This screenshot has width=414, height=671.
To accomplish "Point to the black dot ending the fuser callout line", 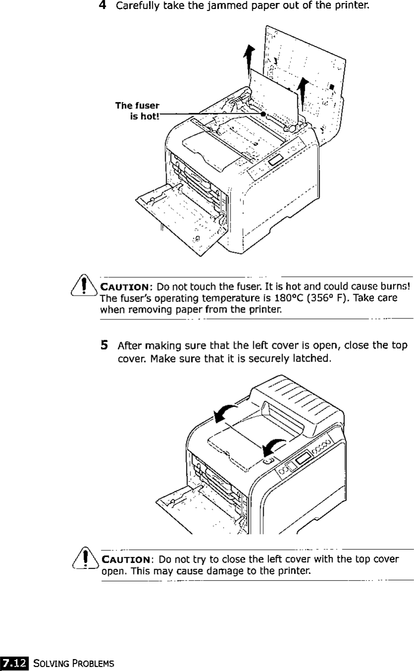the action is (x=263, y=114).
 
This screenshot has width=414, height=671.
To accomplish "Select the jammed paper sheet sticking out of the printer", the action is (x=275, y=94).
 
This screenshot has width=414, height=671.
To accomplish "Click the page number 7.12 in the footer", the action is (x=15, y=663).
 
